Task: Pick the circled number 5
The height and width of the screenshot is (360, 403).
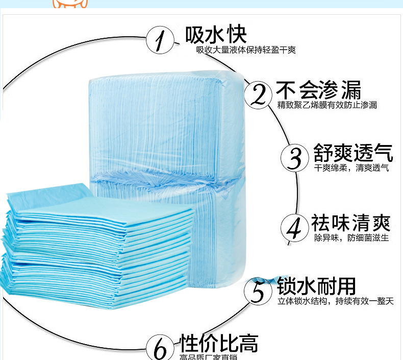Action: click(259, 291)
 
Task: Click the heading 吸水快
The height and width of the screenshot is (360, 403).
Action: click(216, 34)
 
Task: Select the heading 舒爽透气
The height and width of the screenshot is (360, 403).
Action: click(352, 153)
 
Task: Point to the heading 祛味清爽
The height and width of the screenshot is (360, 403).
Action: click(350, 223)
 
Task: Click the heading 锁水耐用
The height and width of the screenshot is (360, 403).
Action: click(316, 286)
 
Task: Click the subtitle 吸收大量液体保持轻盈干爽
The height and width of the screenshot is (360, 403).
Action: click(246, 50)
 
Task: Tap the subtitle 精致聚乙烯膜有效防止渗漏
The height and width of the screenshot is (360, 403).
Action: click(327, 105)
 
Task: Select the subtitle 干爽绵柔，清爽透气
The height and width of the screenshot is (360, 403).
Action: click(351, 167)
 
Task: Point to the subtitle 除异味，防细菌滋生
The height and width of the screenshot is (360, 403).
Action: click(351, 238)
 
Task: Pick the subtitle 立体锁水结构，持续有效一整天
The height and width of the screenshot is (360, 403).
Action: click(336, 301)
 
